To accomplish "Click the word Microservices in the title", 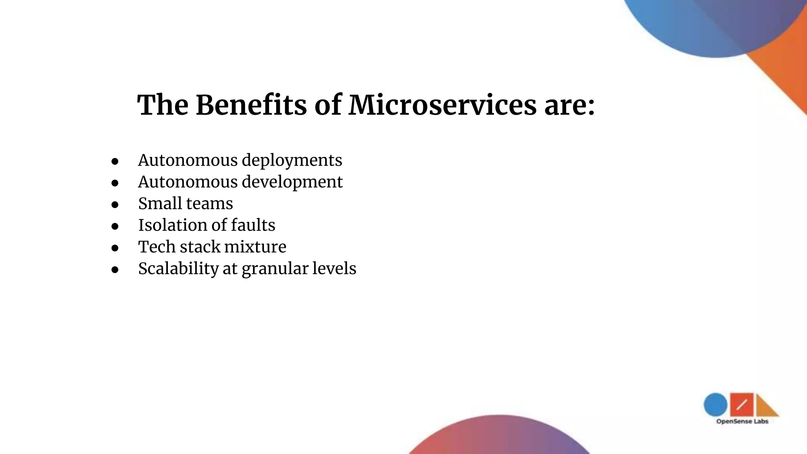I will click(x=442, y=105).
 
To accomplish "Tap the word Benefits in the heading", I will click(x=251, y=105).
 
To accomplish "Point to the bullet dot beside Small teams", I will click(x=115, y=205).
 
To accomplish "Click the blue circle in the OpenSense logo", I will click(x=715, y=404).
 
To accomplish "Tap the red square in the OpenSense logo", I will click(x=742, y=404).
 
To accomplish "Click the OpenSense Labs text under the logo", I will click(x=742, y=422).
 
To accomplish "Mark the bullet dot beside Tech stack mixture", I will click(x=115, y=248).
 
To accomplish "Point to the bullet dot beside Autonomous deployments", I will click(x=115, y=161).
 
